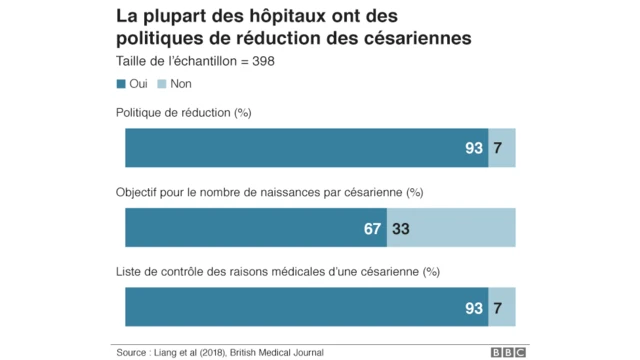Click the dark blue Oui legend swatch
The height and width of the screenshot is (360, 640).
coord(122,84)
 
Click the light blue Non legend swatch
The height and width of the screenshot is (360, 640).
coord(162,84)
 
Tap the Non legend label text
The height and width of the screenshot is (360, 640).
coord(181,84)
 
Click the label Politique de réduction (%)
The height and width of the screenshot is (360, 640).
coord(184,112)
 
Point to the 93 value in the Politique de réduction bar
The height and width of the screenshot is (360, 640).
coord(474,148)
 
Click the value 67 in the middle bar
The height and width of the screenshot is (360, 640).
coord(372,228)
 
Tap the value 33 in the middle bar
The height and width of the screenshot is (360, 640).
coord(400,228)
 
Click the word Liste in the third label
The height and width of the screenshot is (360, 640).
coord(130,271)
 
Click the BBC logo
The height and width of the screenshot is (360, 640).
coord(508,352)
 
